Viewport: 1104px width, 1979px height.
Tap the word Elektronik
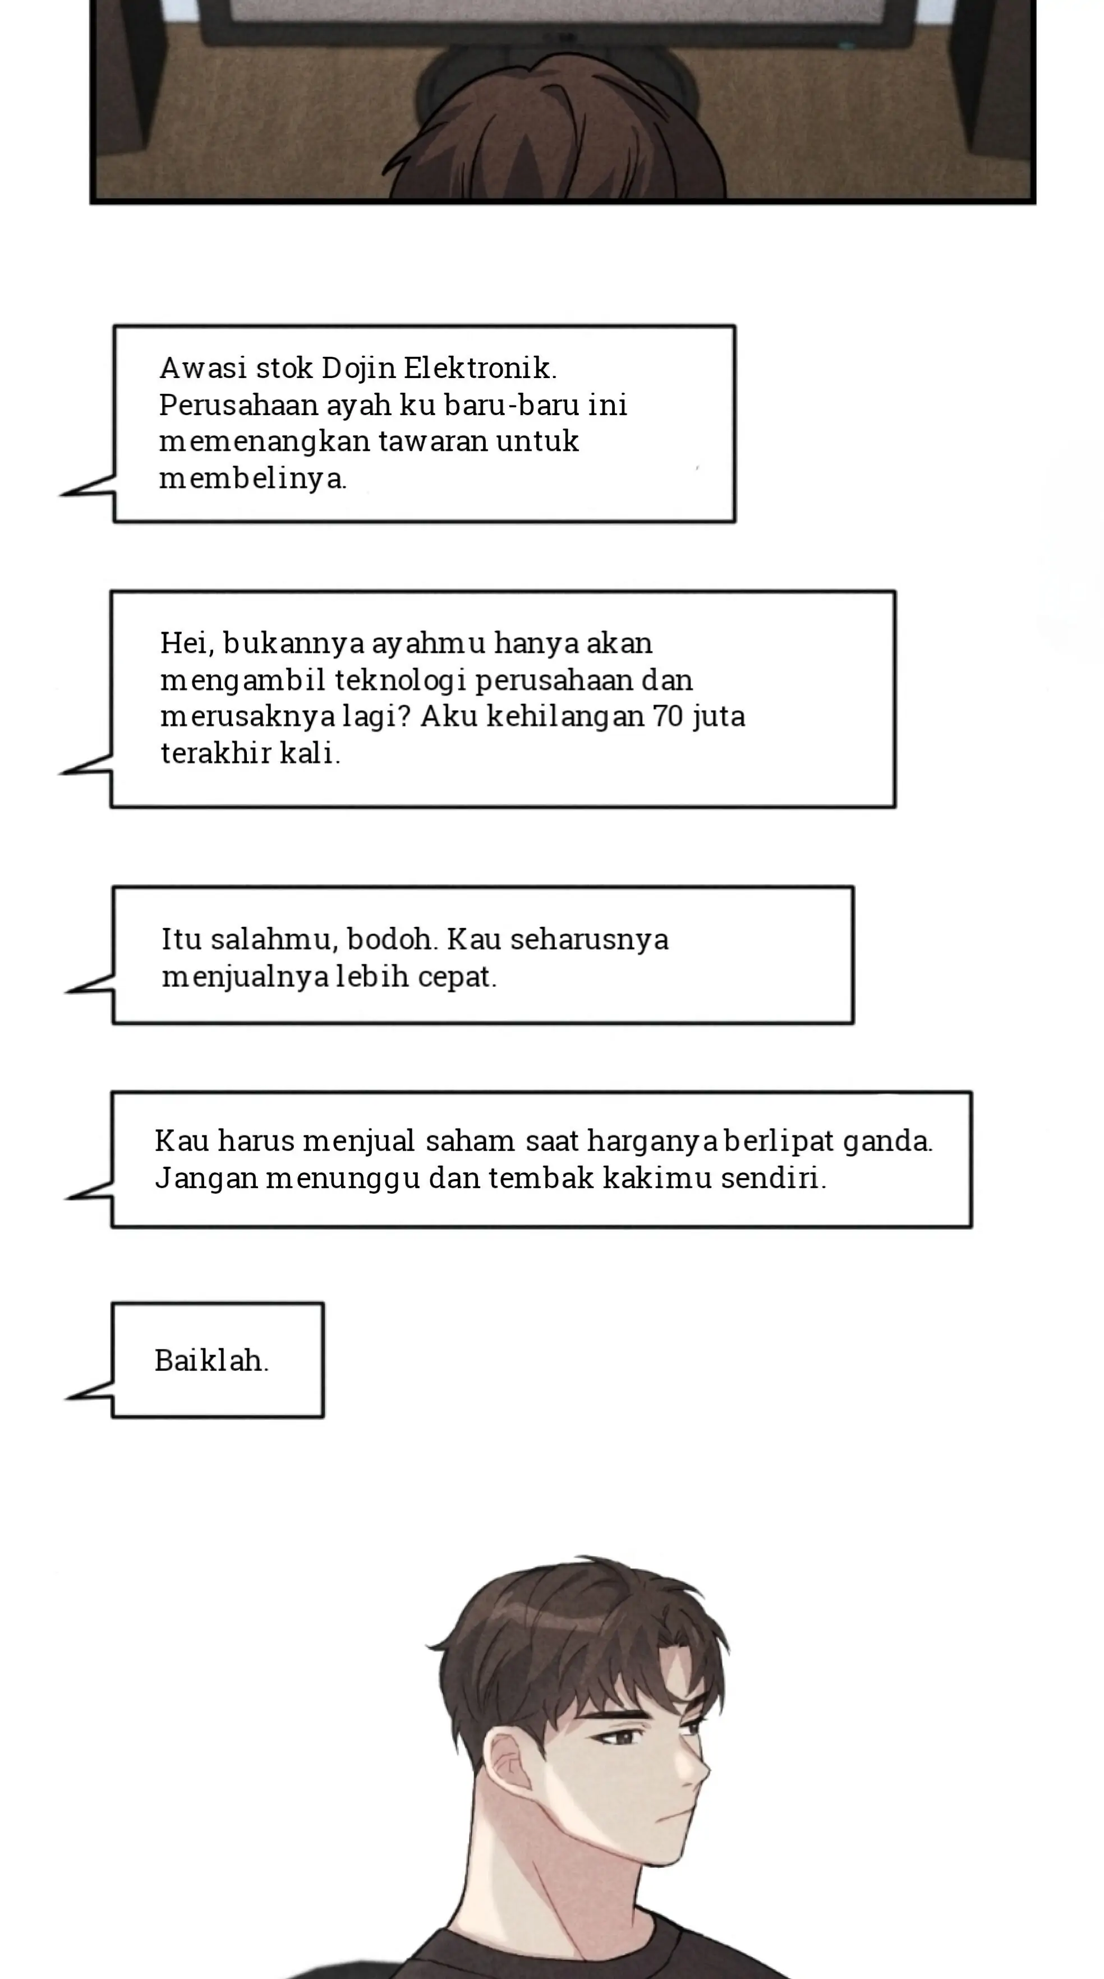point(478,368)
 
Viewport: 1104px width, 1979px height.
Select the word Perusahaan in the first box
point(238,405)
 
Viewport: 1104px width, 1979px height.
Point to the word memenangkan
point(264,442)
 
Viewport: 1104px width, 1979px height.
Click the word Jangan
point(206,1178)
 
